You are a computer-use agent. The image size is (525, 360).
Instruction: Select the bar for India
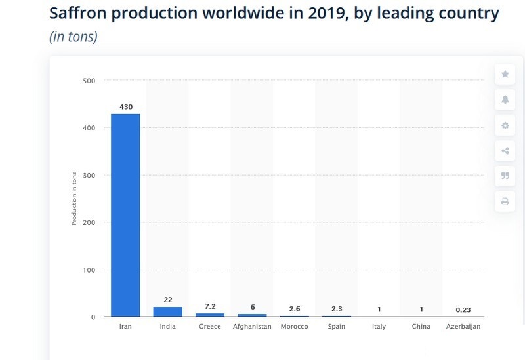point(167,311)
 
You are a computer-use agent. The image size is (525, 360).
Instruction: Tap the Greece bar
point(210,315)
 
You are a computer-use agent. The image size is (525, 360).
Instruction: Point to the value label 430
point(125,106)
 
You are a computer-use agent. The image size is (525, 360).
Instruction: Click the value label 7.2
point(210,306)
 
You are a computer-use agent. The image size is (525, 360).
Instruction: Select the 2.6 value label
point(295,309)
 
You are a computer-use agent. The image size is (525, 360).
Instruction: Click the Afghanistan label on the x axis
point(252,327)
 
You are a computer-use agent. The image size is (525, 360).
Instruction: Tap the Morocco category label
point(294,327)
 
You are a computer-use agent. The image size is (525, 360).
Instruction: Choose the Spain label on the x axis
point(336,327)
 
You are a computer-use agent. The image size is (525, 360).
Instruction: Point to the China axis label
point(421,327)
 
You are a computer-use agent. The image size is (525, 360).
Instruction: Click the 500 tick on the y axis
point(89,81)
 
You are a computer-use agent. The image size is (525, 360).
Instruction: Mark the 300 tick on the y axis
point(89,175)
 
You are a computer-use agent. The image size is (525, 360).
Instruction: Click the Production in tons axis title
point(74,199)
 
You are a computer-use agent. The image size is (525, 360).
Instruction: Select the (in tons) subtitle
point(73,37)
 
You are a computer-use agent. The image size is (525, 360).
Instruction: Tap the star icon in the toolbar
point(505,74)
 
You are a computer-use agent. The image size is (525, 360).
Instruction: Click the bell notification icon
point(505,100)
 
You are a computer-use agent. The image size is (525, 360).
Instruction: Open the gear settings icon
point(505,125)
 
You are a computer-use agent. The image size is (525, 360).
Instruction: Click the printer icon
point(505,201)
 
